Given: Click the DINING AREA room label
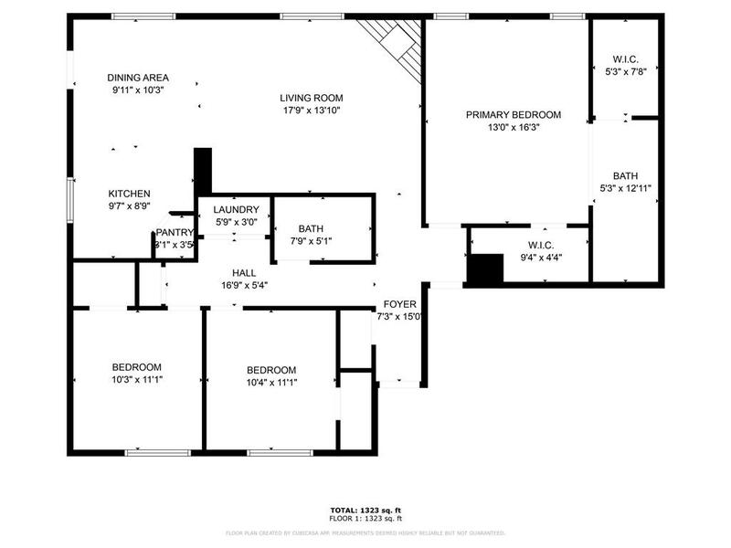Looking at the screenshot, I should click(x=138, y=78).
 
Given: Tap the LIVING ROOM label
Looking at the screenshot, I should click(x=312, y=97).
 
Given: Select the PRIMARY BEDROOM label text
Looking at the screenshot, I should click(x=514, y=115).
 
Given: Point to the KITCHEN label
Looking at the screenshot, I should click(x=129, y=194).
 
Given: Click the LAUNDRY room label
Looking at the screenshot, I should click(x=236, y=209).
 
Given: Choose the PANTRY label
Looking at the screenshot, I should click(x=174, y=233).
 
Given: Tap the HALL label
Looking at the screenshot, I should click(x=244, y=272).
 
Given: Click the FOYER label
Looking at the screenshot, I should click(x=399, y=304).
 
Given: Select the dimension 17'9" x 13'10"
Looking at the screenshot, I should click(x=312, y=111).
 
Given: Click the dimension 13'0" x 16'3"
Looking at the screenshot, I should click(x=514, y=128).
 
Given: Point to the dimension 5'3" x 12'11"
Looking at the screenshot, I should click(x=625, y=188).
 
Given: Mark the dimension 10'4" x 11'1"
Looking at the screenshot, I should click(x=271, y=383).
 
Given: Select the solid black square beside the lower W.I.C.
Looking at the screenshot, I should click(x=485, y=269).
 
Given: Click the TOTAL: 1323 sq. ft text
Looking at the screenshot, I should click(x=365, y=510).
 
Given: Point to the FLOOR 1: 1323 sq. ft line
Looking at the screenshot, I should click(x=365, y=518).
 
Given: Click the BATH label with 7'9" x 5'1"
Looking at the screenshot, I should click(x=311, y=228).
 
